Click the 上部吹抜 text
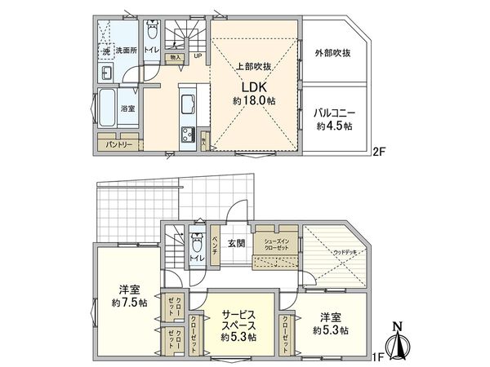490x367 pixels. pyautogui.click(x=252, y=67)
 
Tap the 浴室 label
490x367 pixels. pyautogui.click(x=129, y=108)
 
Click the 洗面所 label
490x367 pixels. pyautogui.click(x=124, y=51)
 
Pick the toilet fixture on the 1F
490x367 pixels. pyautogui.click(x=197, y=242)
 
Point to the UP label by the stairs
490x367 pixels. pyautogui.click(x=197, y=55)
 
